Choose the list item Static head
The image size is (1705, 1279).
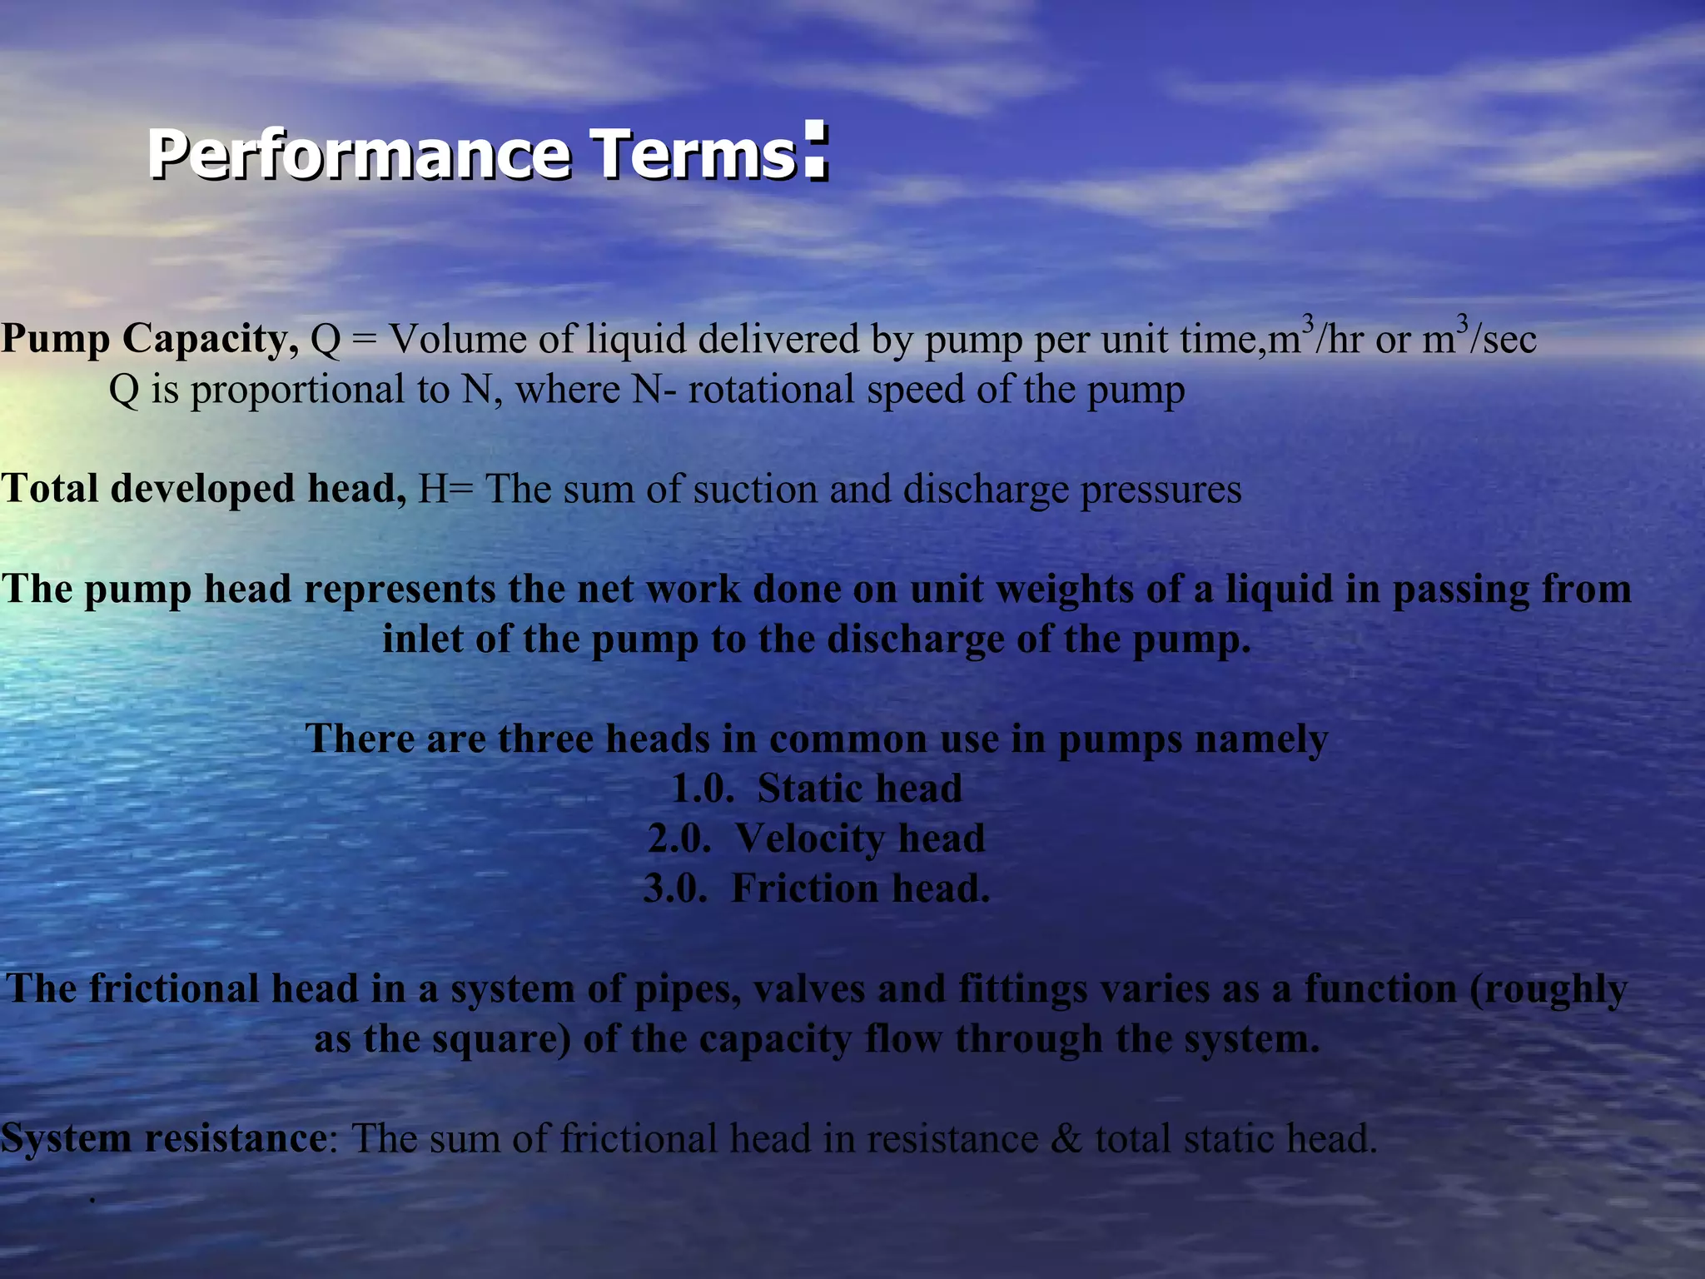(859, 789)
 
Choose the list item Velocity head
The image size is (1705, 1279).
(859, 839)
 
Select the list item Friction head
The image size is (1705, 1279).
(860, 888)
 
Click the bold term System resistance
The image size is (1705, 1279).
(164, 1138)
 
